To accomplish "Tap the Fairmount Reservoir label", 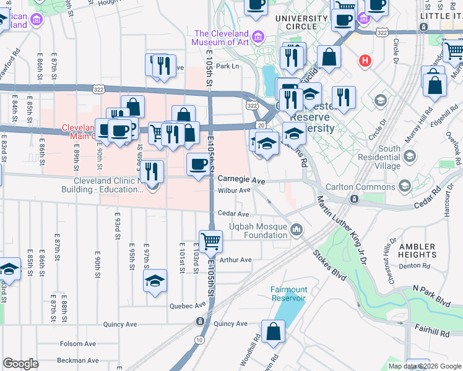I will (x=288, y=293).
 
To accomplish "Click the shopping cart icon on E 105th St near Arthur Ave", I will (x=211, y=241).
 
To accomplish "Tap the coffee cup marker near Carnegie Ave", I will (x=198, y=164).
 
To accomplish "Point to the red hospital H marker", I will (x=366, y=61).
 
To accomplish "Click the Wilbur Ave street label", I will (x=234, y=190).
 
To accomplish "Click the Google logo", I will (x=21, y=364).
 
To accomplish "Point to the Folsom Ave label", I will (x=77, y=344).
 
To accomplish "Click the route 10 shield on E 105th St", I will (x=199, y=339).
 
